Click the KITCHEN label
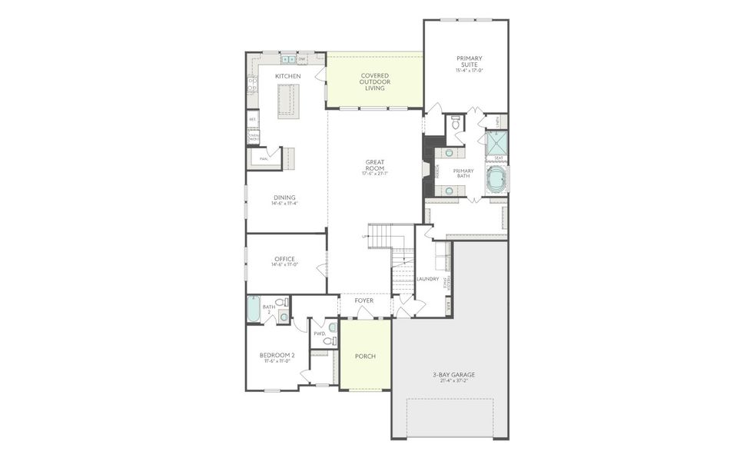click(287, 76)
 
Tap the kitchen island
click(287, 100)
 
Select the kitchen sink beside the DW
click(288, 58)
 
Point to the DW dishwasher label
click(302, 58)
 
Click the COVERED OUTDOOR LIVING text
click(375, 81)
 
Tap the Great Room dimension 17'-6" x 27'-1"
click(375, 174)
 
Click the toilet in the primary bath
click(456, 123)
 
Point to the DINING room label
click(284, 197)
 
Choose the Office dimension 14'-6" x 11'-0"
click(284, 265)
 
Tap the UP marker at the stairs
click(364, 236)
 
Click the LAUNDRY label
click(427, 278)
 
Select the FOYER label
click(364, 300)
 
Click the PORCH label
click(365, 357)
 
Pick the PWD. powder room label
click(319, 333)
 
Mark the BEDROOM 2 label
click(277, 355)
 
